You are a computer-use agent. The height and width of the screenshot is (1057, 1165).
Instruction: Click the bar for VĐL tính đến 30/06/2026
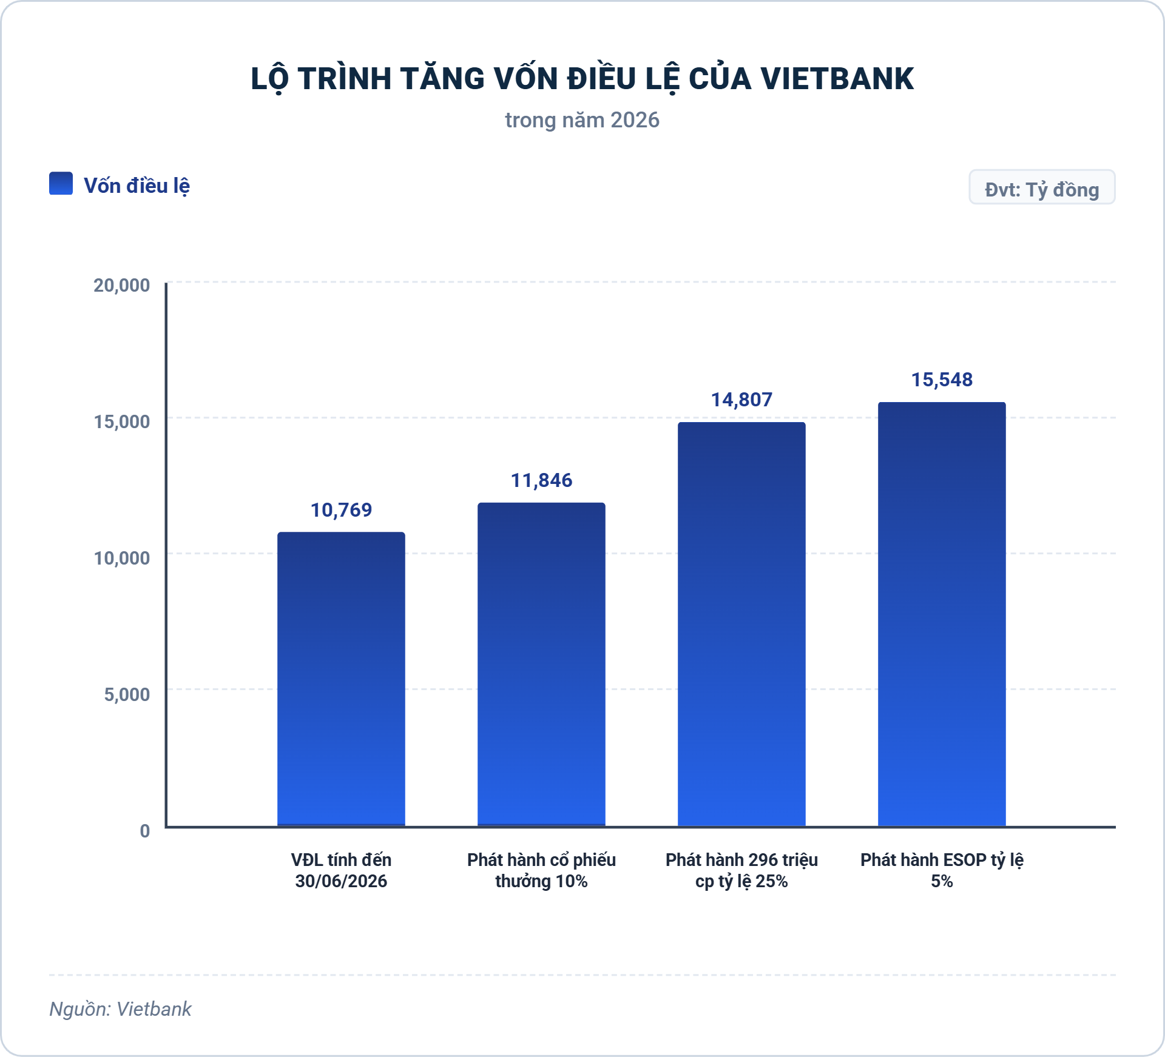341,679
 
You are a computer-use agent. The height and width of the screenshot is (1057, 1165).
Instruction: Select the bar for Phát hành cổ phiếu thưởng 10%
541,665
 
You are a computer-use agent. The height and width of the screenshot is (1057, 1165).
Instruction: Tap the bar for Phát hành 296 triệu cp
741,624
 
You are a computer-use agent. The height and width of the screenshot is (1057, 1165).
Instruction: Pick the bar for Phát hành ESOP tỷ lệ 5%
942,614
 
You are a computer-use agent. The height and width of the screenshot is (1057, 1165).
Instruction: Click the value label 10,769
341,510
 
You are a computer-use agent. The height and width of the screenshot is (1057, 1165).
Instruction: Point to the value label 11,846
541,480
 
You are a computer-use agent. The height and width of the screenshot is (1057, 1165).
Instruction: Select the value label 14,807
741,400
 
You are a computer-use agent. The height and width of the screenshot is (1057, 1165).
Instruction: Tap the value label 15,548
942,380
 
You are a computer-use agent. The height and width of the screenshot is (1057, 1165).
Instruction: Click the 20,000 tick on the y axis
121,285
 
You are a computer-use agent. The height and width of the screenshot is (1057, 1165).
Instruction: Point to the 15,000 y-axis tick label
121,421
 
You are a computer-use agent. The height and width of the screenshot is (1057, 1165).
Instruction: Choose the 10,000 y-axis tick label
121,558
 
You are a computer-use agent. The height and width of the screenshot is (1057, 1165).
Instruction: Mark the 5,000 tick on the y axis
127,694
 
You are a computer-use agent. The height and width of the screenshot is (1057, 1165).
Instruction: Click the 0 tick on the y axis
145,831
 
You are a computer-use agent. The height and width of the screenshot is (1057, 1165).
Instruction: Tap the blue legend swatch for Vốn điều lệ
61,183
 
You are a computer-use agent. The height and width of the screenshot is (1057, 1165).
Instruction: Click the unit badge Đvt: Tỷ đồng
1042,187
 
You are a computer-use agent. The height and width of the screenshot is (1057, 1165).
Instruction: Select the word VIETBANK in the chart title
837,79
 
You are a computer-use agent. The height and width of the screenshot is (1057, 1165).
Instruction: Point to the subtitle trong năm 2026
582,120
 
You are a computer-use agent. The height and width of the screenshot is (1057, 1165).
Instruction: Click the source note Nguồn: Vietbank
120,1009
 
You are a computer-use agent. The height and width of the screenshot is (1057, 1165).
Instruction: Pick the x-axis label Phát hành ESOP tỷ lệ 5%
942,870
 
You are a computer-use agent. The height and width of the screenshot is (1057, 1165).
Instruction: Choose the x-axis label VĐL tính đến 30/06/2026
341,870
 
